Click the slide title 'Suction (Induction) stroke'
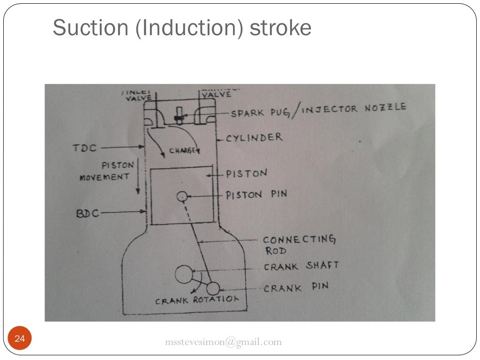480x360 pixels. (x=182, y=28)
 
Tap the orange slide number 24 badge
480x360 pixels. (x=20, y=339)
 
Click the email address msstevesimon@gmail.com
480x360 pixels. (x=224, y=342)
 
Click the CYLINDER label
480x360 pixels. (x=254, y=138)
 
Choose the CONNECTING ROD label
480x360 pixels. (x=299, y=245)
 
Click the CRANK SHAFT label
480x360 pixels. (x=301, y=266)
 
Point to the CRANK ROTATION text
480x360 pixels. (x=197, y=300)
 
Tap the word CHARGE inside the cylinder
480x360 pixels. (x=182, y=151)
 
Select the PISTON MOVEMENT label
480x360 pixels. (x=104, y=171)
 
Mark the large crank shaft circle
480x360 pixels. (x=184, y=275)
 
